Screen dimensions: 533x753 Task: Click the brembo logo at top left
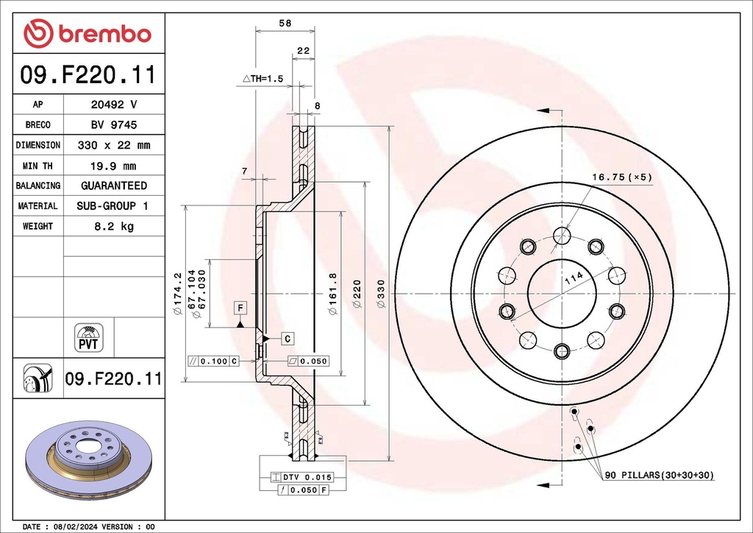[x=87, y=33]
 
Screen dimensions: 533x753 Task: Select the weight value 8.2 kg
[x=113, y=227]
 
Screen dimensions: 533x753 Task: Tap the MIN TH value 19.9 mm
[x=113, y=166]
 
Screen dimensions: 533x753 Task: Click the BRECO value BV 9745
[x=113, y=125]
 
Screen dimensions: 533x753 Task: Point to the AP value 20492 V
[x=113, y=105]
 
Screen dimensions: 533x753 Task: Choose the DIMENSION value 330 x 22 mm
[x=113, y=146]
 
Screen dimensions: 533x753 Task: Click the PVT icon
[x=89, y=337]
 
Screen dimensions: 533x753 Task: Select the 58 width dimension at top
[x=285, y=24]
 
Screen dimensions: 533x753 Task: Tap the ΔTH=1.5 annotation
[x=263, y=78]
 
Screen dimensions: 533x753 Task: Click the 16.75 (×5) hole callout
[x=622, y=177]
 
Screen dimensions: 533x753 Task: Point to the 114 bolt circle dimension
[x=573, y=279]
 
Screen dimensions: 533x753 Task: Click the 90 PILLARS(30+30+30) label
[x=659, y=476]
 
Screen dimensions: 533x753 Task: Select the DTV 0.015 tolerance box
[x=302, y=477]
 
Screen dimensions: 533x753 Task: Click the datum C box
[x=288, y=338]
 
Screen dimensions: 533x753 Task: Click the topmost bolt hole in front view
[x=562, y=236]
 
